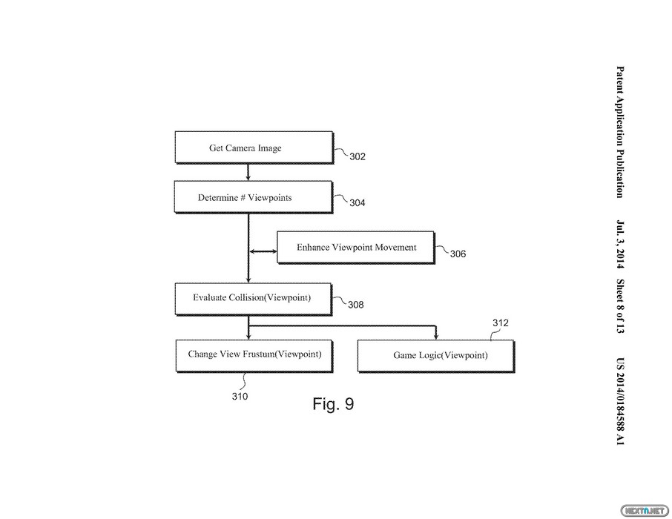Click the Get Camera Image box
(x=254, y=148)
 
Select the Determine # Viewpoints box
(x=253, y=197)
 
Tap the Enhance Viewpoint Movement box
(x=356, y=248)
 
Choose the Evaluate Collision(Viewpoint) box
(x=253, y=299)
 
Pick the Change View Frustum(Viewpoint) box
(x=254, y=356)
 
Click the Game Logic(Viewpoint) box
(x=436, y=356)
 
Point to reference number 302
(x=358, y=156)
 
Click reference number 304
(x=358, y=202)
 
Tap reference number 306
(x=458, y=254)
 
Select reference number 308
(x=356, y=305)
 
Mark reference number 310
(x=240, y=397)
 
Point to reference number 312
(x=501, y=323)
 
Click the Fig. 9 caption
(x=334, y=404)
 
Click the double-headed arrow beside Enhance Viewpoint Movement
(x=263, y=251)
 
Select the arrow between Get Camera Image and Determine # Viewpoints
(x=248, y=172)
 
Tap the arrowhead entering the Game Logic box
(x=436, y=337)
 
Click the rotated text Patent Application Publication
(x=620, y=132)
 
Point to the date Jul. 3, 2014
(x=620, y=244)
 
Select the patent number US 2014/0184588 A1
(x=620, y=401)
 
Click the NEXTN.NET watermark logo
(x=645, y=510)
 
